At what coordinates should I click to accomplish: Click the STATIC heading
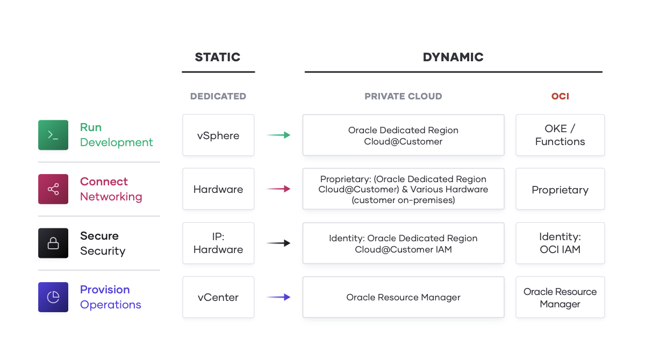tap(218, 57)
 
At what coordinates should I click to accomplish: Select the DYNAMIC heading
tap(453, 57)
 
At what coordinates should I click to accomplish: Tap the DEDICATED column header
tap(218, 96)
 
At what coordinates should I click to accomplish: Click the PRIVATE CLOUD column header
tap(403, 96)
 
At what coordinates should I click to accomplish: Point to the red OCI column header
tap(560, 96)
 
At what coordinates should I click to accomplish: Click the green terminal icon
tap(53, 135)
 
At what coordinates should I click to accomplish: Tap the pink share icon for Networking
tap(53, 189)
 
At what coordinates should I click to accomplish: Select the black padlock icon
tap(53, 243)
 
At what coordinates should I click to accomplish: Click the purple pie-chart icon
tap(53, 297)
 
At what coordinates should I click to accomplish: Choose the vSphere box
tap(218, 135)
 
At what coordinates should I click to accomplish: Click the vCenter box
tap(218, 297)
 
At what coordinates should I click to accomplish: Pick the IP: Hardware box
tap(218, 243)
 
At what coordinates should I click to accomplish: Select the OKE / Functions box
tap(560, 135)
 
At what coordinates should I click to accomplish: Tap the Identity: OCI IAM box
tap(560, 243)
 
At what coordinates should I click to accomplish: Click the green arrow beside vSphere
tap(278, 135)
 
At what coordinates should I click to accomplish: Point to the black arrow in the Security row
tap(278, 243)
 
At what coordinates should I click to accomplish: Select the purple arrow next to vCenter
tap(278, 297)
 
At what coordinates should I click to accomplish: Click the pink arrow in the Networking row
tap(278, 189)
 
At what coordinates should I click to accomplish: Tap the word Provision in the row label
tap(105, 290)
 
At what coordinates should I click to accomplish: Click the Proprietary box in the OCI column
tap(560, 189)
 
